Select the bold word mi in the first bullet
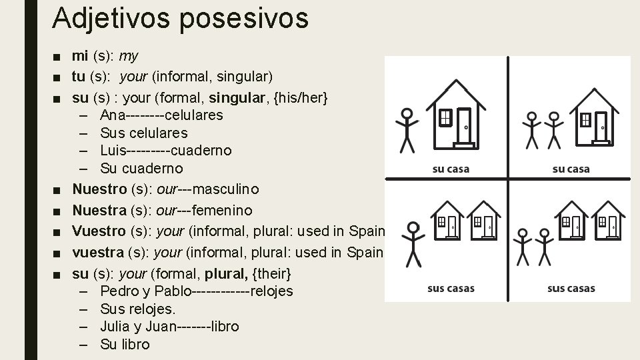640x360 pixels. pos(80,56)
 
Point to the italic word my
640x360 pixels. pos(129,57)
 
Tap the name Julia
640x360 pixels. pos(116,327)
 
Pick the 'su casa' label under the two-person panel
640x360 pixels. pos(571,169)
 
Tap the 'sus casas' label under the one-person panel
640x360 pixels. pos(451,289)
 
